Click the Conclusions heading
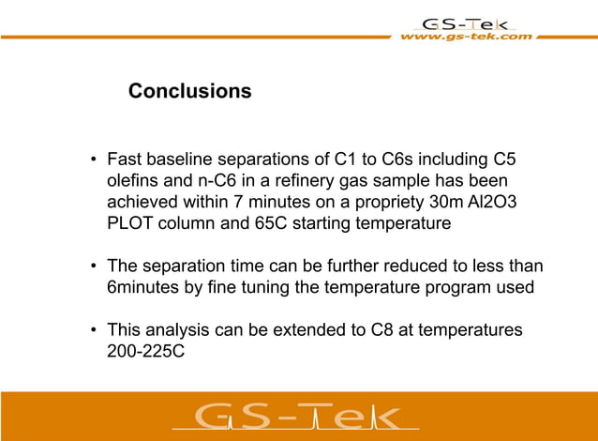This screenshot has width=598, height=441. [189, 91]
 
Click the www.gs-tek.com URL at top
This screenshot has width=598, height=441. [466, 37]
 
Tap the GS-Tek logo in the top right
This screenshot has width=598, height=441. [466, 23]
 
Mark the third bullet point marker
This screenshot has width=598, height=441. [94, 331]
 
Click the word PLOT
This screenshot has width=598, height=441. [134, 224]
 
